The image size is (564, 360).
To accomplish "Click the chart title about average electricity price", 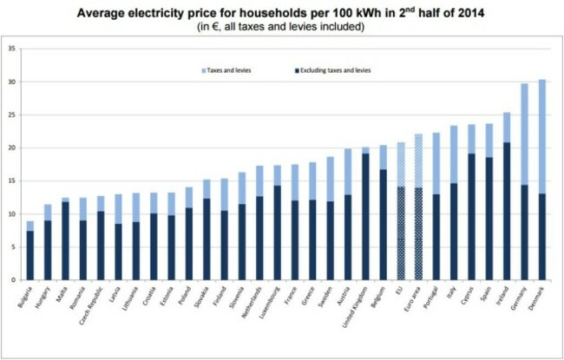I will click(x=282, y=12).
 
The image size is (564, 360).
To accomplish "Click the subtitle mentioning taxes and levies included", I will click(x=282, y=27).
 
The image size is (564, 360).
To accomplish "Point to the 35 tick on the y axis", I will click(x=13, y=49).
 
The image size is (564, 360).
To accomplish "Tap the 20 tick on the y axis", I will click(x=13, y=148).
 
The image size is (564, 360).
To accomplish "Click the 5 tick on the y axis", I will click(x=13, y=247).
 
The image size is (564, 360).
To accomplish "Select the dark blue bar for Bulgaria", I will click(x=31, y=256).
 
